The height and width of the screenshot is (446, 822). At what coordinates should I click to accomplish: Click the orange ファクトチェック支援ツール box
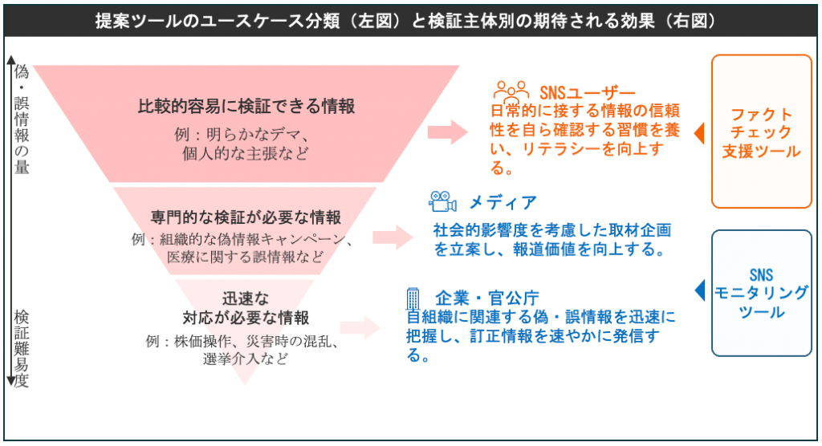coord(761,132)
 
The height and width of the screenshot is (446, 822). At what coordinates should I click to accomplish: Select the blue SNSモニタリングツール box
coord(761,293)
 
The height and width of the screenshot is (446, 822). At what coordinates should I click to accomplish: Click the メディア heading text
coord(503,202)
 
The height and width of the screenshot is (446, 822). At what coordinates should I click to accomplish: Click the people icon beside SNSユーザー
coord(511,89)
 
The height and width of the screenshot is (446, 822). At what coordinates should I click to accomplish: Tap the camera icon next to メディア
coord(442,201)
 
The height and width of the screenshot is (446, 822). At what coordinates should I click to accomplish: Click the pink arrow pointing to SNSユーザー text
coord(447,132)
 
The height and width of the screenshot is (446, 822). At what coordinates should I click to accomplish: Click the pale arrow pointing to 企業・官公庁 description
coord(359,327)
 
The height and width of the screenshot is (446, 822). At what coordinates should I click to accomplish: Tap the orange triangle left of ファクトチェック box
coord(698,132)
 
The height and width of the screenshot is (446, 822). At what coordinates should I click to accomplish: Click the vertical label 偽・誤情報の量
coord(22,120)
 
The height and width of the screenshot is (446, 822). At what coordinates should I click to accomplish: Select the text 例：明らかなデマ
coord(240,133)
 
